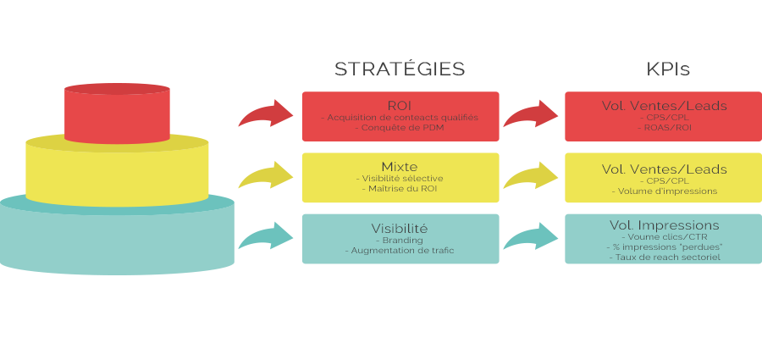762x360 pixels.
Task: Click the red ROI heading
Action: point(400,105)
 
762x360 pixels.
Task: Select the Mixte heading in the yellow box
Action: point(400,167)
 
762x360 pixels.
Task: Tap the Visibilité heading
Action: point(400,229)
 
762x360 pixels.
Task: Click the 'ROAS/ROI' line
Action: point(664,128)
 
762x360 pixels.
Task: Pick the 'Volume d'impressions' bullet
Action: point(664,191)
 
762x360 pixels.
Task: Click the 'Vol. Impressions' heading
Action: point(664,225)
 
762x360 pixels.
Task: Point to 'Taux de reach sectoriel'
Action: point(664,257)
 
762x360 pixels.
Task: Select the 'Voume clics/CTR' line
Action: point(664,237)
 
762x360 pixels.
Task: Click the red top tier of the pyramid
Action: point(117,114)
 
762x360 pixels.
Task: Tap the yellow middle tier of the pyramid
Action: point(117,174)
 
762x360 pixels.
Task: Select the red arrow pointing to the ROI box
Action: point(266,114)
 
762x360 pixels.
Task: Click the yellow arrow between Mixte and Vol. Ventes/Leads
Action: point(531,176)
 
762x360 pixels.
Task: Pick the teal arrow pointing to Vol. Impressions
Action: point(531,237)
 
